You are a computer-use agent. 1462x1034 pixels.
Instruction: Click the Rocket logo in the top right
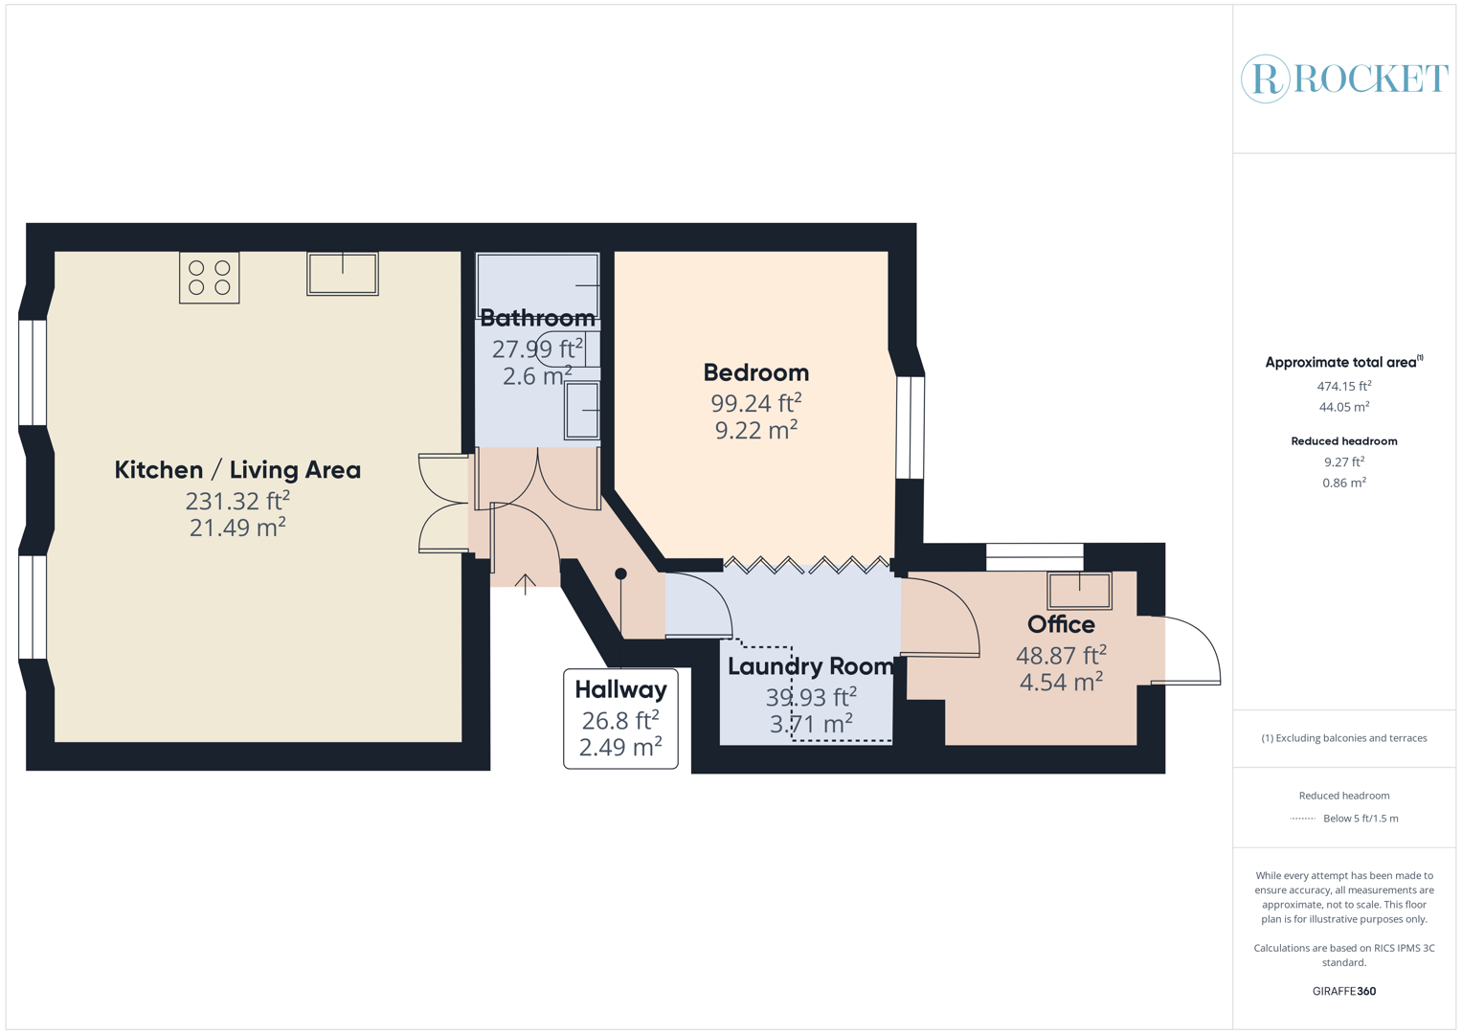[1344, 79]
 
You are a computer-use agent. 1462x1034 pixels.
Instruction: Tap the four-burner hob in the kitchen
[209, 278]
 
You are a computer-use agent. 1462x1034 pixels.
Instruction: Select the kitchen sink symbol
[343, 274]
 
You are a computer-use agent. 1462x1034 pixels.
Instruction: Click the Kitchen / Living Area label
[237, 470]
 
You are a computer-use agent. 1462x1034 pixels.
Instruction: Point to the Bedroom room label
[755, 372]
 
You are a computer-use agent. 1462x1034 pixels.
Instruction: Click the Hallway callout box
[620, 718]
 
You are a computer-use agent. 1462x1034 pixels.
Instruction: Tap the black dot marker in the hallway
[620, 573]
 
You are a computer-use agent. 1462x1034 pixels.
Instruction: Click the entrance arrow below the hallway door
[526, 583]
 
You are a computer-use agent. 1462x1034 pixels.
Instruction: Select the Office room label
[1061, 624]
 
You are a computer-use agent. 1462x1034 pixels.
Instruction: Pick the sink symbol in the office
[1079, 591]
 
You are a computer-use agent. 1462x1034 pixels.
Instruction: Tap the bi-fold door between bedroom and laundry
[806, 565]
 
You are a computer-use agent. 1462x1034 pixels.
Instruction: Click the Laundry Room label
[810, 666]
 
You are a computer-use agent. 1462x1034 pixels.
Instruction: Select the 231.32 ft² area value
[237, 501]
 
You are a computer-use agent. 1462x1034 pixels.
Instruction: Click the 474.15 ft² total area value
[1343, 386]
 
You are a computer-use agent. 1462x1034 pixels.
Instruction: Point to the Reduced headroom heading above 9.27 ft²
[1343, 441]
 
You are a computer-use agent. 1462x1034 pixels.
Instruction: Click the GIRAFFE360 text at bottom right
[1343, 991]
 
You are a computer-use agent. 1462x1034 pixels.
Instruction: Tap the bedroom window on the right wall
[910, 428]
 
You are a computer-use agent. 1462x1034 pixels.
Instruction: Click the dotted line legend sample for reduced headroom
[1303, 819]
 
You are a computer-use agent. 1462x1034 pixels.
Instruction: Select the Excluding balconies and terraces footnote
[1343, 738]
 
